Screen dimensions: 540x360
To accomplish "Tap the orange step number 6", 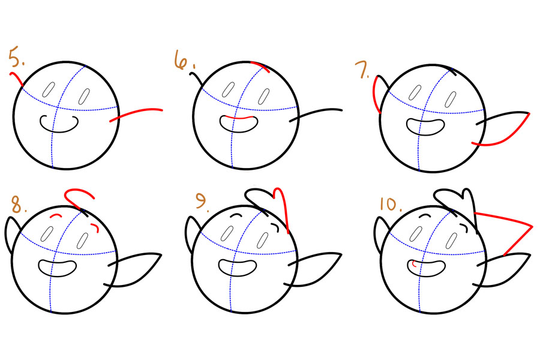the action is tap(184, 60).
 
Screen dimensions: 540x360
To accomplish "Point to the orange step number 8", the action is tap(18, 205).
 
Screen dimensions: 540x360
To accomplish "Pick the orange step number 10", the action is tap(391, 204).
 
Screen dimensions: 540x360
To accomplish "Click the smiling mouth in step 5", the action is tap(59, 124).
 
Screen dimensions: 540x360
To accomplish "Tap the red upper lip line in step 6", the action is tap(238, 118).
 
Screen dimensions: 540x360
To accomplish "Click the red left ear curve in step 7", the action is tap(374, 95).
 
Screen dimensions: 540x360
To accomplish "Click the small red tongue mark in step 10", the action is tap(414, 264).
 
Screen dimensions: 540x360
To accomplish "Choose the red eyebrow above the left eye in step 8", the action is tap(56, 217).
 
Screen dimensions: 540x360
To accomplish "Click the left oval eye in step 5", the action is tap(49, 89).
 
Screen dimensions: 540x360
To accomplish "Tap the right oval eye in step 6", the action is tap(264, 97).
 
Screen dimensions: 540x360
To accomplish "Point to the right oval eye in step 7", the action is tap(451, 99).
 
